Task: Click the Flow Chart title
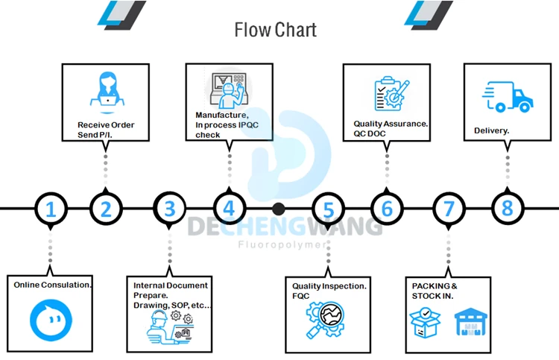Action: coord(275,30)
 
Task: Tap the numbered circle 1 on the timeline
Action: coord(51,209)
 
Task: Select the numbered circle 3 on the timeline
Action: coord(169,209)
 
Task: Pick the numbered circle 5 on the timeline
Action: coord(328,209)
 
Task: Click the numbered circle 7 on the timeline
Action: coord(449,209)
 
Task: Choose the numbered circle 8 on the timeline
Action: coord(508,209)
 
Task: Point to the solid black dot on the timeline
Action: coord(279,209)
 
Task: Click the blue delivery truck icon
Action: coord(508,97)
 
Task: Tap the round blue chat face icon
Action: coord(51,320)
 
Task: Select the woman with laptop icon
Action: coord(107,92)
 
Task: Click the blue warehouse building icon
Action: coord(470,322)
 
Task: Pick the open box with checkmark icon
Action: coord(426,323)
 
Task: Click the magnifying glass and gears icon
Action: coord(325,319)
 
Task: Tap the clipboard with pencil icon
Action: coord(391,94)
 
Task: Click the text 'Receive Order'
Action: coord(106,125)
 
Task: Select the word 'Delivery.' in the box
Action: coord(491,131)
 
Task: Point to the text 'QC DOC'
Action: coord(370,133)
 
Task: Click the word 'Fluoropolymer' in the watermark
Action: coord(282,244)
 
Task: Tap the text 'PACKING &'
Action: coord(435,286)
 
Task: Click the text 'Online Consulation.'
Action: coord(53,285)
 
